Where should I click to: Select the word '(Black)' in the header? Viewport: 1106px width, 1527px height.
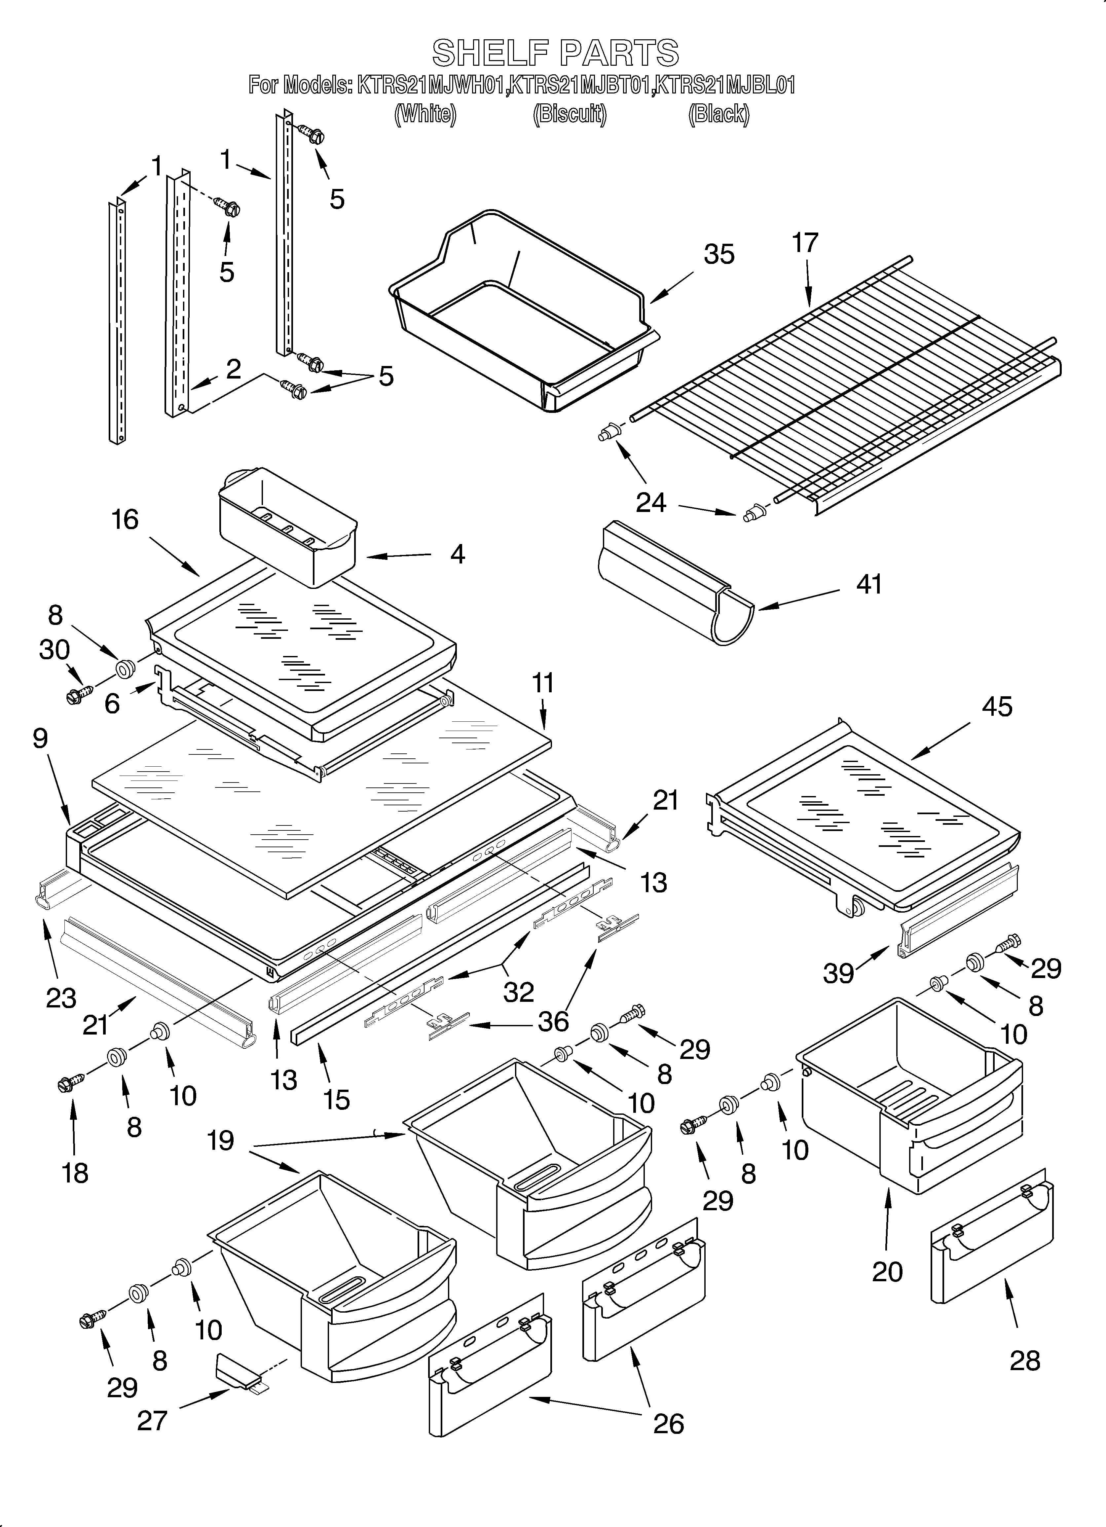point(718,115)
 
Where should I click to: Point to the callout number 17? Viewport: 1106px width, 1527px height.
point(805,242)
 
